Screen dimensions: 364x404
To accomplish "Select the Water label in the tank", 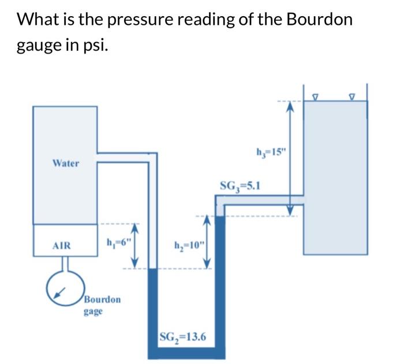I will (65, 163).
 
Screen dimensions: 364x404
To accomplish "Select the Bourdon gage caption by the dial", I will (102, 305).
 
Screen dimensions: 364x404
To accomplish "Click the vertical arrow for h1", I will (137, 245).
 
